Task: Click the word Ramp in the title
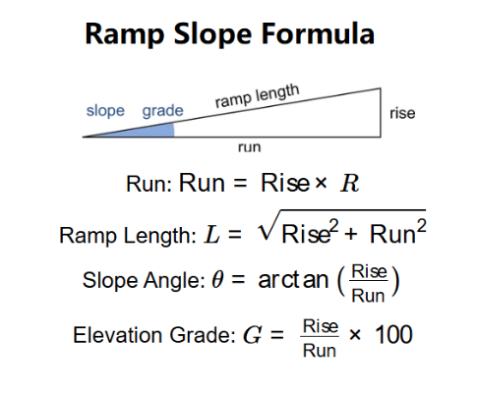pyautogui.click(x=124, y=34)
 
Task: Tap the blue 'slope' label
pyautogui.click(x=105, y=111)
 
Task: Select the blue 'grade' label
pyautogui.click(x=162, y=111)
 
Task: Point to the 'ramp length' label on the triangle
pyautogui.click(x=258, y=95)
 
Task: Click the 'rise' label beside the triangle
pyautogui.click(x=402, y=113)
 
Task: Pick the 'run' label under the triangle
pyautogui.click(x=250, y=147)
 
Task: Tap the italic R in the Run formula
pyautogui.click(x=349, y=183)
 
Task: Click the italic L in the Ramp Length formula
pyautogui.click(x=211, y=235)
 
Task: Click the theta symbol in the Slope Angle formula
pyautogui.click(x=217, y=280)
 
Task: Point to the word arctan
pyautogui.click(x=293, y=280)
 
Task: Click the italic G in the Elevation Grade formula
pyautogui.click(x=252, y=335)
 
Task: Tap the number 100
pyautogui.click(x=393, y=334)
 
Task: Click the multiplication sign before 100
pyautogui.click(x=355, y=335)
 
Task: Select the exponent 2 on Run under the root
pyautogui.click(x=421, y=226)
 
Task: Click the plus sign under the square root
pyautogui.click(x=350, y=235)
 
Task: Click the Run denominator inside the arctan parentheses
pyautogui.click(x=368, y=296)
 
